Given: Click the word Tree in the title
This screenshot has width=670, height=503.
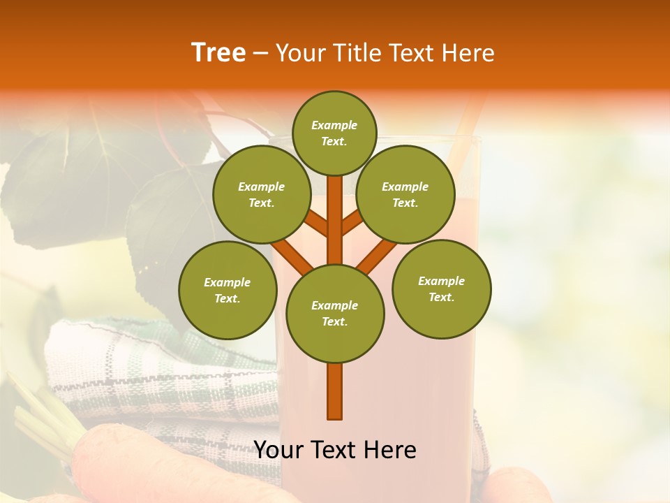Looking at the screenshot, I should point(218,53).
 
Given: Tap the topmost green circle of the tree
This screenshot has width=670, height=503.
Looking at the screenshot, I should point(334,133).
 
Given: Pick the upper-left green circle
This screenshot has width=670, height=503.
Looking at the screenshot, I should point(262,194).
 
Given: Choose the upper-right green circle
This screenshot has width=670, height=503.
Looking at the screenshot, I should point(405,194).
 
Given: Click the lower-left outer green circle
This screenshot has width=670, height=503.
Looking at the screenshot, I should point(228,290).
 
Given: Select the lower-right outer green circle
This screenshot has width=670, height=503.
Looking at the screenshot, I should point(442,289).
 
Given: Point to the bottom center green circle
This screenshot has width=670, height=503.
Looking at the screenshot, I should point(335,314).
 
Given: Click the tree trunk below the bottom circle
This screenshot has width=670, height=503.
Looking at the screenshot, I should point(335,391).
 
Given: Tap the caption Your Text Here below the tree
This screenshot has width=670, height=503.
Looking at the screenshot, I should point(335,450).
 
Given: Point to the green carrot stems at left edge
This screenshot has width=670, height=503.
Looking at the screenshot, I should point(35,412).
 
